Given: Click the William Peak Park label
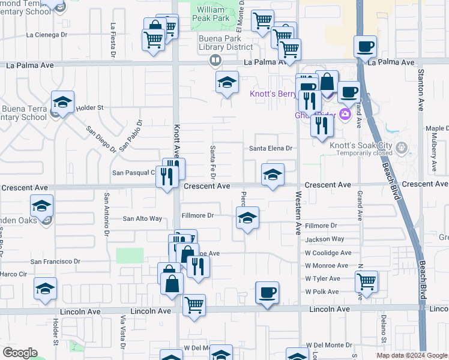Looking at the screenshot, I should (x=213, y=14).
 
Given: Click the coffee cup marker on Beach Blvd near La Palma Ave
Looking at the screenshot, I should (x=365, y=46).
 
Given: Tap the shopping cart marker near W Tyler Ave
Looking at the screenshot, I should (x=366, y=280).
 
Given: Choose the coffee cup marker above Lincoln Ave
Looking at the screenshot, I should (x=267, y=293).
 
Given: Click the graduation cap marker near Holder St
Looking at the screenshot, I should (x=62, y=103).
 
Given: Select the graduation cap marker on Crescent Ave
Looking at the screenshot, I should (x=273, y=175).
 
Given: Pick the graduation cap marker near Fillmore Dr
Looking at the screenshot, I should (x=247, y=219).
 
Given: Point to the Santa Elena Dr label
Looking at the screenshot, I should (x=270, y=148).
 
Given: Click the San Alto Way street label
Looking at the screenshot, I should (x=142, y=219).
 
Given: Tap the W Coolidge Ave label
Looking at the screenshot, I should (x=327, y=253).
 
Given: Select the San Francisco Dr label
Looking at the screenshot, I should (x=56, y=262).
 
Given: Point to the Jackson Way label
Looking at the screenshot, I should (x=325, y=239).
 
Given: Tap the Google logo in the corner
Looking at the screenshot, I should (x=20, y=353).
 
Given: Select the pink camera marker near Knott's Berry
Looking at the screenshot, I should (x=345, y=114).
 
